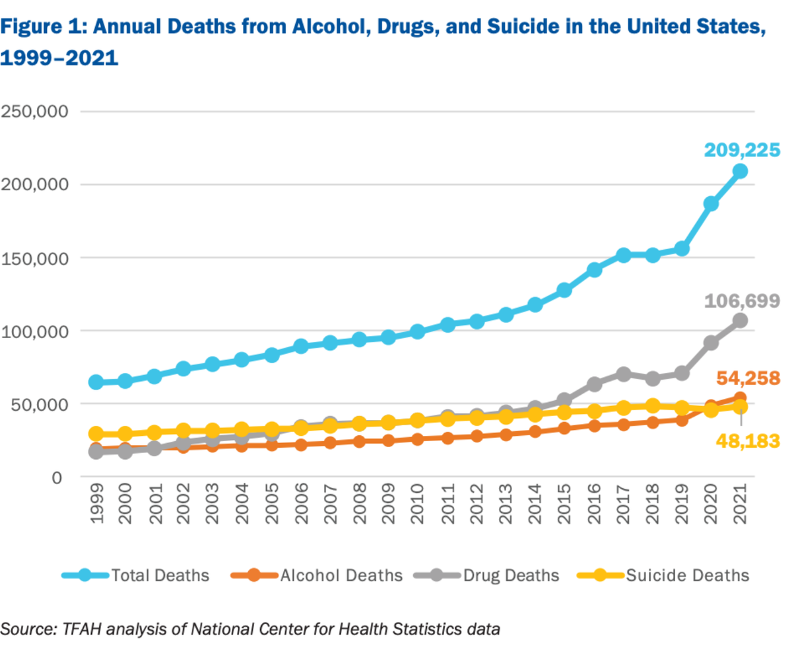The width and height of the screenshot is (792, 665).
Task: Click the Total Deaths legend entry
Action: (160, 575)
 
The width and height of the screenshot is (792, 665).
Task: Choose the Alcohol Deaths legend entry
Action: (341, 575)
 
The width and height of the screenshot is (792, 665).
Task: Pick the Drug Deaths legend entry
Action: (510, 575)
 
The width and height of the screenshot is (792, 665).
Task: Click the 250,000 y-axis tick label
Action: (37, 112)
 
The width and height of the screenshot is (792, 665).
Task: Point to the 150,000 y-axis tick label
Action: (37, 258)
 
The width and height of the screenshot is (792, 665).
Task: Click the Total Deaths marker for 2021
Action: (740, 171)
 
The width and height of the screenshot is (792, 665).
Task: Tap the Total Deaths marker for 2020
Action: (711, 203)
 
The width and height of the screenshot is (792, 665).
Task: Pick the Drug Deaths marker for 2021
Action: (740, 320)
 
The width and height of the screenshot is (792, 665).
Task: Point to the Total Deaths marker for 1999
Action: (96, 382)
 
